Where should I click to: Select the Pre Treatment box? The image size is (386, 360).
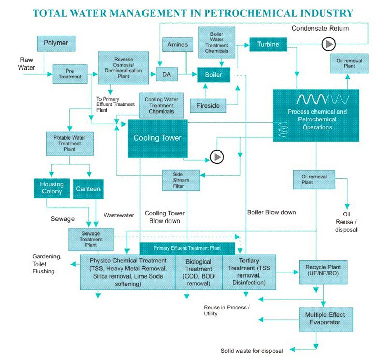70,74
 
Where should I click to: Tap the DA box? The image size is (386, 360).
167,75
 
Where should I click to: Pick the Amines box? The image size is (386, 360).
177,45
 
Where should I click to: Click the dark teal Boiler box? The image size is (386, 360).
213,75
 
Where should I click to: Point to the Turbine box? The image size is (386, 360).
268,45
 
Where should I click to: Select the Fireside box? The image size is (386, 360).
208,105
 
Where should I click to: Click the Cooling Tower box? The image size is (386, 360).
158,138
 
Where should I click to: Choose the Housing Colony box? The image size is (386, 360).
52,188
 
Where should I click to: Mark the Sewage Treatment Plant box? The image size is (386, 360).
91,239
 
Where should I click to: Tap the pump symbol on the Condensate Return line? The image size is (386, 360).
328,45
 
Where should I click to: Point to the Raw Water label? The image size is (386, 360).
26,64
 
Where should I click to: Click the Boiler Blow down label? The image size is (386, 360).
272,212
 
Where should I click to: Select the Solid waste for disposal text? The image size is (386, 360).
252,350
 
